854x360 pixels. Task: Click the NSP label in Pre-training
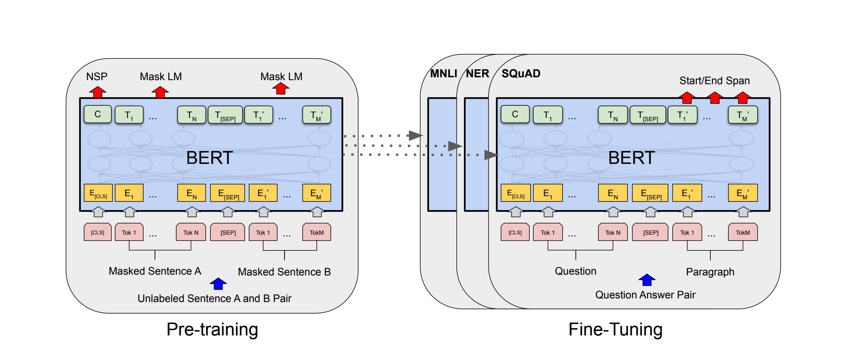click(97, 77)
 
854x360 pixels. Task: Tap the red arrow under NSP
click(97, 92)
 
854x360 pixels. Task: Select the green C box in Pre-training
click(98, 114)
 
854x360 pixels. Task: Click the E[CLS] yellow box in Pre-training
click(98, 193)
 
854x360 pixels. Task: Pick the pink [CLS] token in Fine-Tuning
click(515, 232)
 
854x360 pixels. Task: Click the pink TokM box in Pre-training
click(317, 232)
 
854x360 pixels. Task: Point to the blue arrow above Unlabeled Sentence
click(218, 283)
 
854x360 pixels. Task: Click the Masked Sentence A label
click(155, 271)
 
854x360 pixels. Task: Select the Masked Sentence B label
click(284, 272)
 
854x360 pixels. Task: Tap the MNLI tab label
click(444, 74)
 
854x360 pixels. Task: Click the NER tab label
click(478, 74)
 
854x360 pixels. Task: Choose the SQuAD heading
click(521, 74)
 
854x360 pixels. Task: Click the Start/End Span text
click(714, 81)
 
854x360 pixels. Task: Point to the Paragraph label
click(710, 272)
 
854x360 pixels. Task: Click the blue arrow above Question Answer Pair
click(647, 279)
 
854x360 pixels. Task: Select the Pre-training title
click(212, 329)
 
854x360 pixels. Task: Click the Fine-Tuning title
click(615, 329)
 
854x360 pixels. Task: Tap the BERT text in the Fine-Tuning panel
click(631, 157)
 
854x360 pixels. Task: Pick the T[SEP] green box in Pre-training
click(225, 115)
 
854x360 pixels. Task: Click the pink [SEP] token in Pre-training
click(228, 232)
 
